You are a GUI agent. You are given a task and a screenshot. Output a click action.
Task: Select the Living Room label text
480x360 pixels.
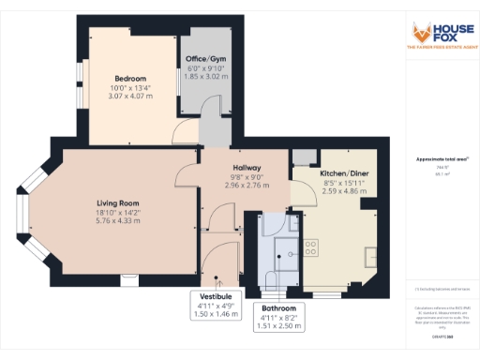(x=118, y=202)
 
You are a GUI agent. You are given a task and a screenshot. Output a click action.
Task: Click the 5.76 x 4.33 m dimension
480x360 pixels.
(x=118, y=221)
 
